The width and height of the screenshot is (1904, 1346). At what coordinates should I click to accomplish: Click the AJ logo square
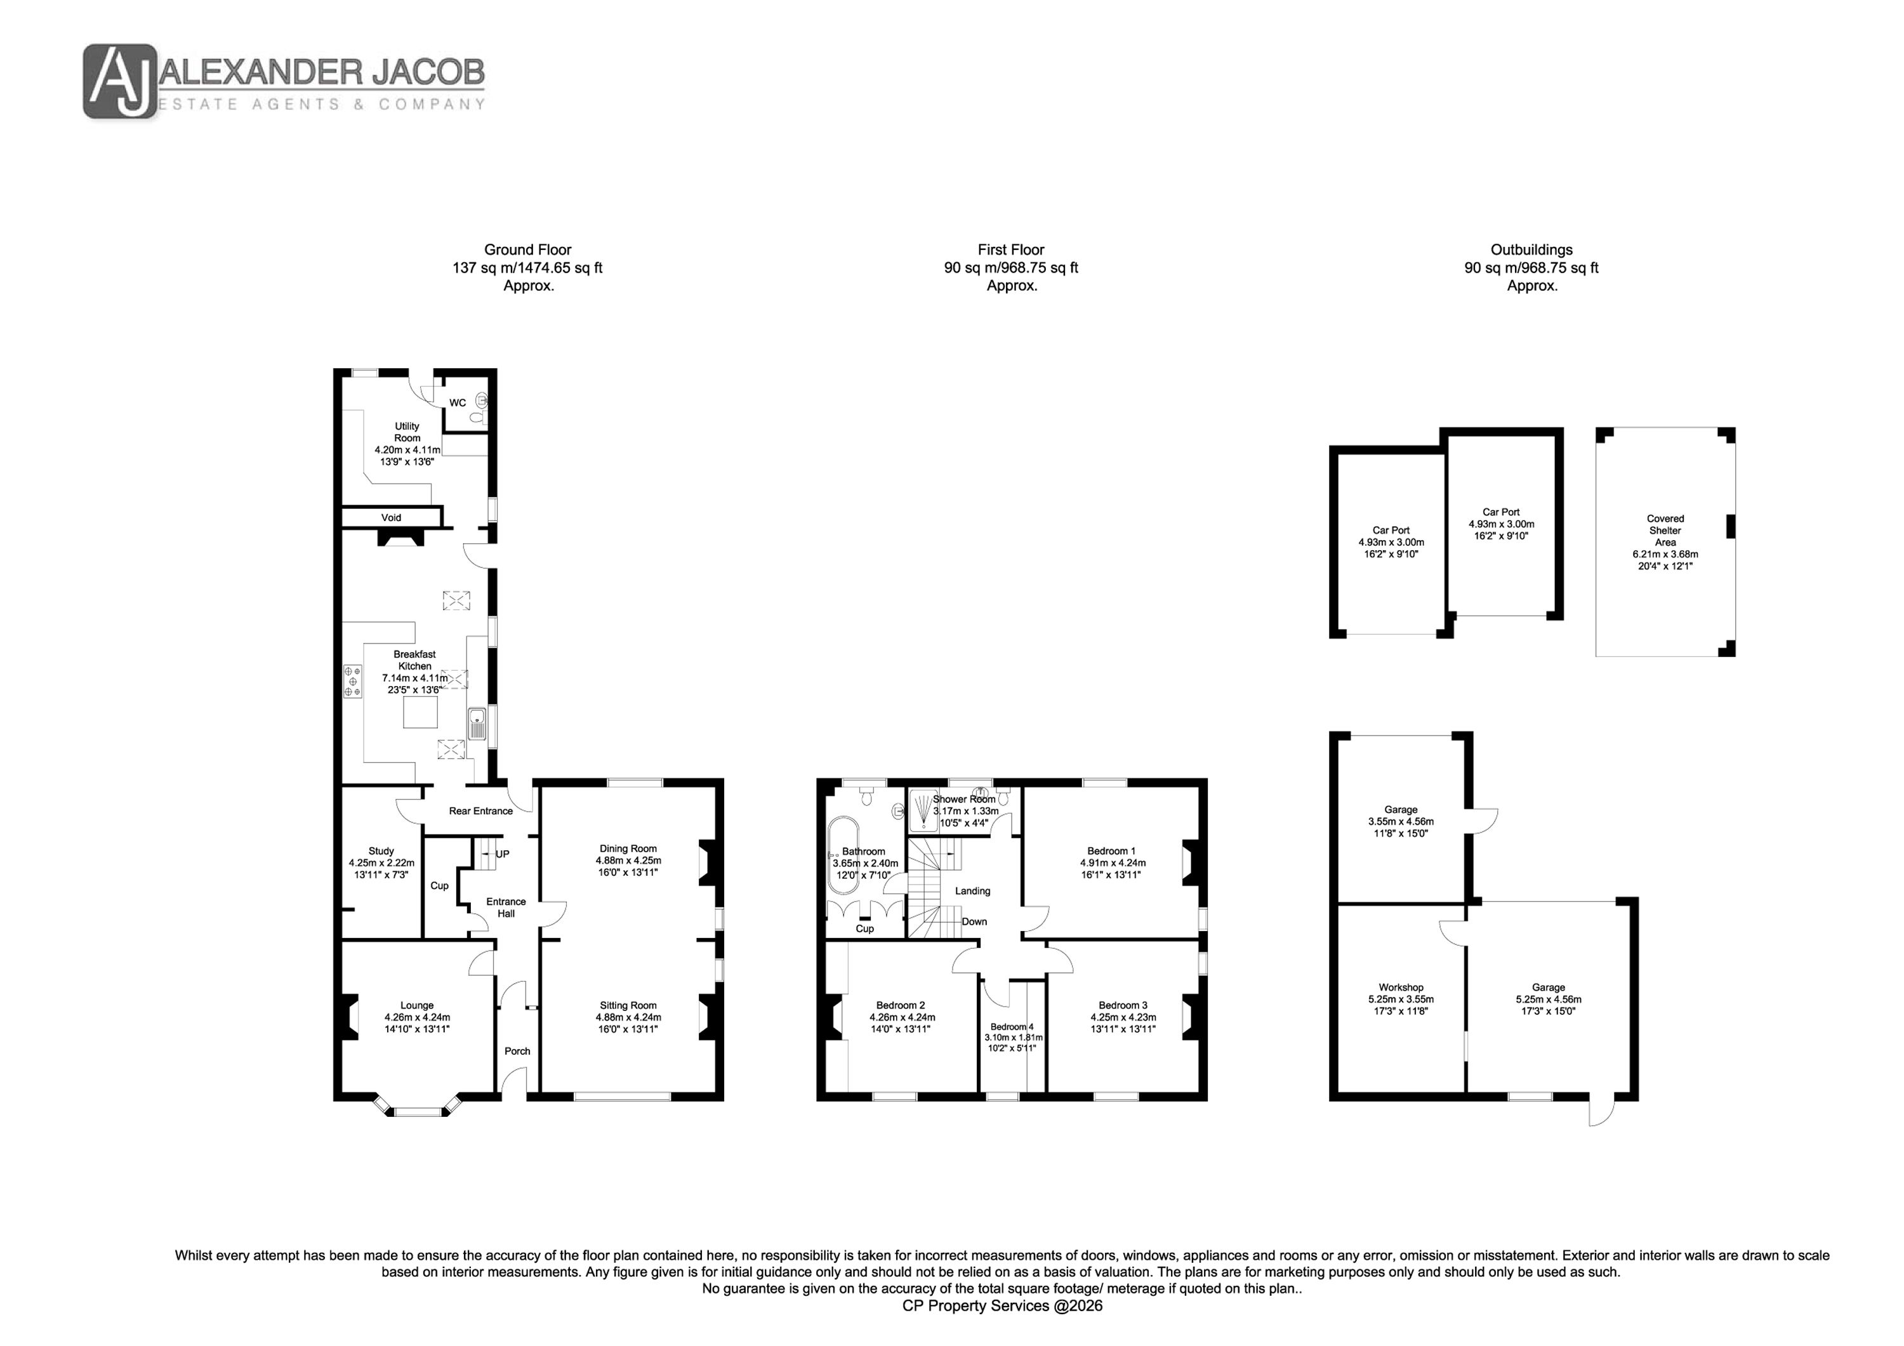[120, 81]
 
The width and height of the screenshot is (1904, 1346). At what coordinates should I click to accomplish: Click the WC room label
[458, 403]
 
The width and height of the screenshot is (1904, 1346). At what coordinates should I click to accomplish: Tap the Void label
[392, 517]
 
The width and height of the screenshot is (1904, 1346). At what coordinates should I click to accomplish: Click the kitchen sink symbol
[477, 724]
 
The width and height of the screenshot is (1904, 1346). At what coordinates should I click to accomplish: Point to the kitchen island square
[420, 713]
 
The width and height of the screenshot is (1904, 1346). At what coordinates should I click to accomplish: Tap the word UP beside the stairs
[503, 854]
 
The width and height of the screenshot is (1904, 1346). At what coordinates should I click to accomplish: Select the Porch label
[517, 1051]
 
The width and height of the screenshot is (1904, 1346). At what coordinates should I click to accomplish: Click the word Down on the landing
[974, 921]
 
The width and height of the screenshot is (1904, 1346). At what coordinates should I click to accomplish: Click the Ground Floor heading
[528, 249]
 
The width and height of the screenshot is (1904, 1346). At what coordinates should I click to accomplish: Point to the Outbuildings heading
[1531, 249]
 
